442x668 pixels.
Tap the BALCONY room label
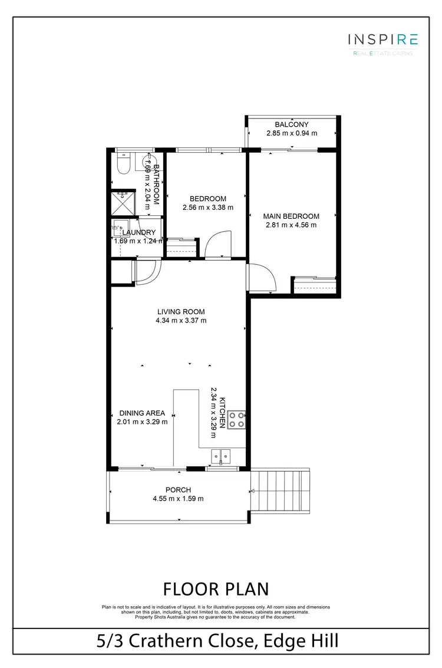click(291, 124)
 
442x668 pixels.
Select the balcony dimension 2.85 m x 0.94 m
click(291, 133)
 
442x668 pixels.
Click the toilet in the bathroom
click(123, 164)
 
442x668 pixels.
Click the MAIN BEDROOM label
click(291, 216)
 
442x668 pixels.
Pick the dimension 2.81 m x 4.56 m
click(291, 225)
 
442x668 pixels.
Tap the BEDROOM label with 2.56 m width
click(208, 199)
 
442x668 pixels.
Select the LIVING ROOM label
click(181, 312)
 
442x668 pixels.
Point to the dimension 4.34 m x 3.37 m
click(181, 321)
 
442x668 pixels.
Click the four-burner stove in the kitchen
click(237, 419)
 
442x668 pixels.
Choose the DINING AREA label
click(142, 413)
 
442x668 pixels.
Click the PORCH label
click(178, 490)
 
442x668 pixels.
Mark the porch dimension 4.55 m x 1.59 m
click(178, 499)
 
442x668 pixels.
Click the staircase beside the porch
click(281, 491)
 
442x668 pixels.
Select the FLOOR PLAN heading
click(216, 588)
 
